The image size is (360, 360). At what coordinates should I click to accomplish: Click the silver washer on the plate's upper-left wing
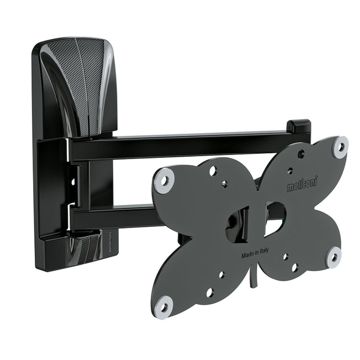pyautogui.click(x=164, y=181)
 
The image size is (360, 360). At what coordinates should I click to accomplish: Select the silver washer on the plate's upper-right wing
pyautogui.click(x=340, y=147)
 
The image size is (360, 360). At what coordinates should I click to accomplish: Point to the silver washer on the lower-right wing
pyautogui.click(x=333, y=257)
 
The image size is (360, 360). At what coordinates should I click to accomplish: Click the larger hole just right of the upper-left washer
pyautogui.click(x=212, y=171)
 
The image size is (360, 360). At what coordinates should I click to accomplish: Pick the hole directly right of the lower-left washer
pyautogui.click(x=209, y=293)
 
